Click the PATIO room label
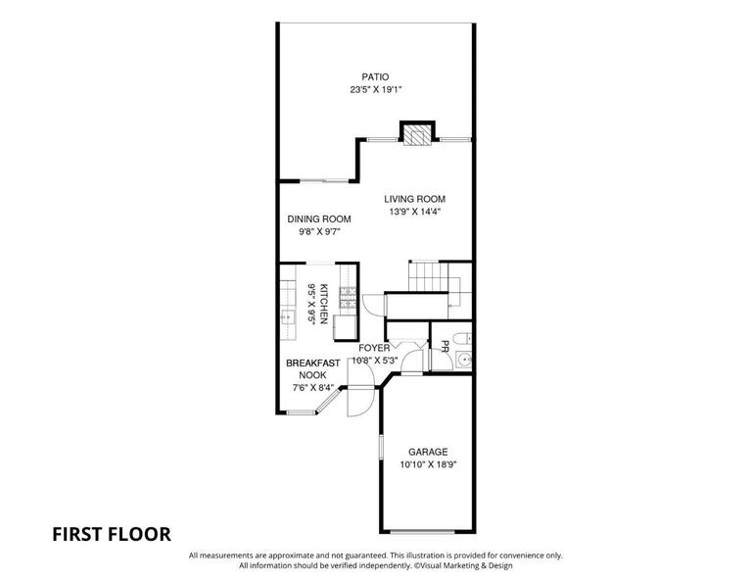click(x=375, y=76)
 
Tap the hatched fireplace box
click(x=416, y=135)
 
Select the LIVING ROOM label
click(x=414, y=199)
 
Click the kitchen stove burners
click(x=349, y=297)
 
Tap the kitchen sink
click(x=288, y=317)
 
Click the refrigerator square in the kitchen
click(x=346, y=327)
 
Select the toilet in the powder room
click(x=462, y=339)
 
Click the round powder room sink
click(x=464, y=360)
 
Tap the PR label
click(x=445, y=347)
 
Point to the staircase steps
click(x=428, y=276)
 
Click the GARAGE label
click(x=428, y=452)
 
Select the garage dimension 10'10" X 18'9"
click(x=428, y=464)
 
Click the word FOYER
click(x=374, y=348)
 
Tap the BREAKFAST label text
click(x=312, y=363)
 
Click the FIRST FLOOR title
click(x=112, y=534)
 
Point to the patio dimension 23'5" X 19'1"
click(x=375, y=90)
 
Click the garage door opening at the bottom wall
click(x=422, y=532)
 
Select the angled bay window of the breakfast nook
click(x=328, y=401)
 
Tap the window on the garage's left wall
click(x=381, y=447)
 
